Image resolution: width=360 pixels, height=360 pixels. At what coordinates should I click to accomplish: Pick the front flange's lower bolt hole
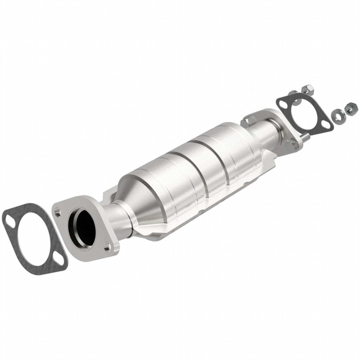[107, 248]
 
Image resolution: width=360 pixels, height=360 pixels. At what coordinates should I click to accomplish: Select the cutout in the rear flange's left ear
[250, 121]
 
